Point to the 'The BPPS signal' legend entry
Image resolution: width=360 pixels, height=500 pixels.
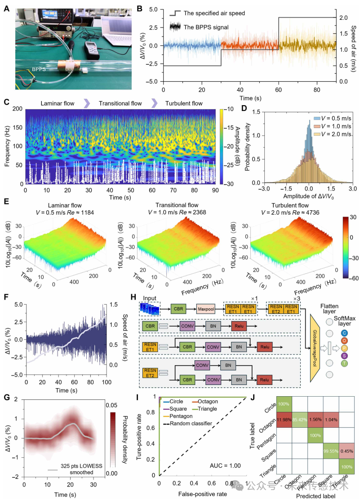click(205, 27)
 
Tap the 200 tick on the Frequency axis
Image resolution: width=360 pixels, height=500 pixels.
click(18, 109)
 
